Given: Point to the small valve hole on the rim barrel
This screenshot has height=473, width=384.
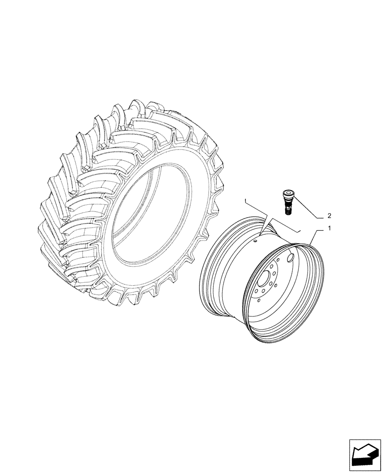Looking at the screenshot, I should point(255,242).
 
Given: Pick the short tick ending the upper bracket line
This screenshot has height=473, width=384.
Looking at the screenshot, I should point(245,201).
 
